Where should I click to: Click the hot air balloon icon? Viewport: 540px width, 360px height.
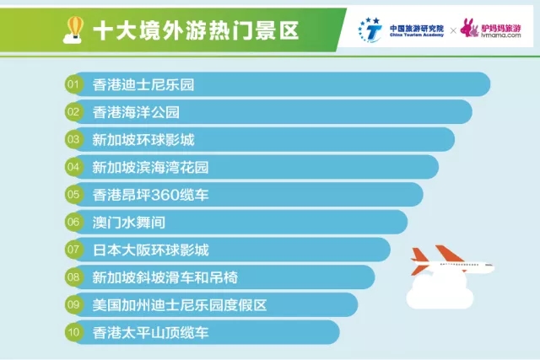(73, 30)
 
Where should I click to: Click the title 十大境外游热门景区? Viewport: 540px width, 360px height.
(196, 30)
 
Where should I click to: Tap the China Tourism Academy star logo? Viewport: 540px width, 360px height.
(370, 30)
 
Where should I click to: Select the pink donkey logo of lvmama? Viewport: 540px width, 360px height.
(469, 28)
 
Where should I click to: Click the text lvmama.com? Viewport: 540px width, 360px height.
(500, 35)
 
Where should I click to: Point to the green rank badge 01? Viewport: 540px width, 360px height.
(73, 84)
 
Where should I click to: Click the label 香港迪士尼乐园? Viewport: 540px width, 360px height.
(143, 84)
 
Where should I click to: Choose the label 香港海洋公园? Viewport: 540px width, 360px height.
(136, 112)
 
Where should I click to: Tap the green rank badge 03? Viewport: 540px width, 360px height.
(73, 139)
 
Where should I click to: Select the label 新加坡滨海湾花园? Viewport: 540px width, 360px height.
(150, 167)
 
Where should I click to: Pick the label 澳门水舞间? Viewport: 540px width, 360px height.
(129, 223)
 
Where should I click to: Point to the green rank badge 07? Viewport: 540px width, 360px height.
(73, 250)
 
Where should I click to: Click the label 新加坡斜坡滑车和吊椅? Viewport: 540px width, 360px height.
(165, 277)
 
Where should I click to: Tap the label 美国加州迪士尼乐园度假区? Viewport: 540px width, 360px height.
(180, 305)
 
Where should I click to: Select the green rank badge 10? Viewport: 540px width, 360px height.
(73, 332)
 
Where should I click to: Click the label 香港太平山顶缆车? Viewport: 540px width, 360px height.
(150, 332)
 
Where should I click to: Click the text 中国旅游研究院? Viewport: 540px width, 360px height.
(417, 28)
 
